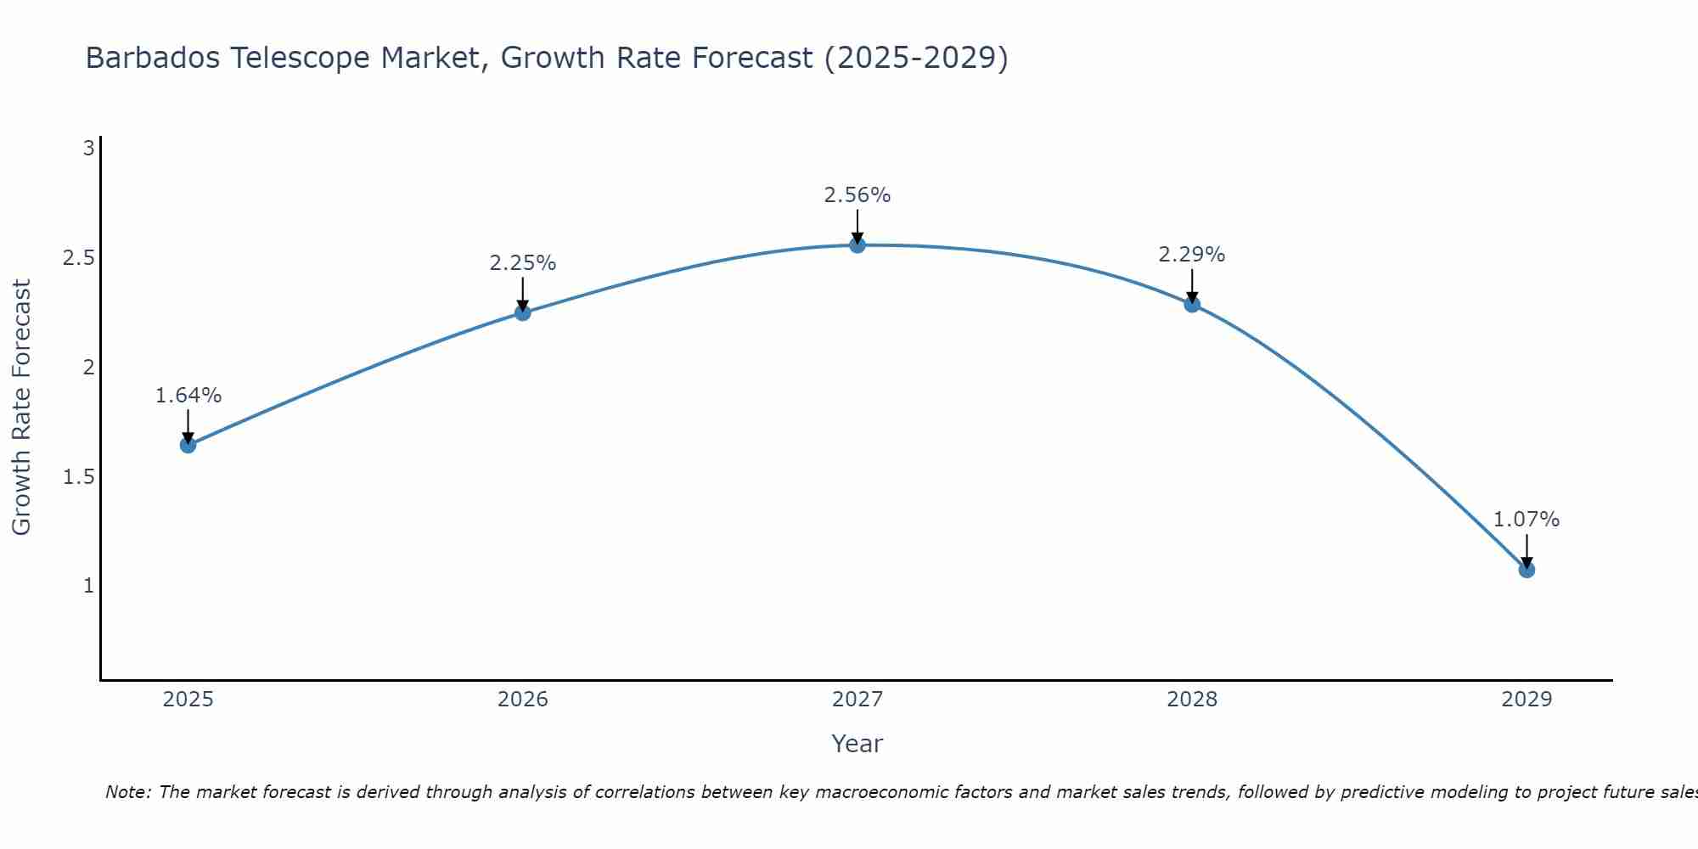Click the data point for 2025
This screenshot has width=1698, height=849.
[x=188, y=445]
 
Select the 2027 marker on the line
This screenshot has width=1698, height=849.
[x=857, y=245]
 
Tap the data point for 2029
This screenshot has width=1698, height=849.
[x=1527, y=570]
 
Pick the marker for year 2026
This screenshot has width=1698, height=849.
[x=523, y=312]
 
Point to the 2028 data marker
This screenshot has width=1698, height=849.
[x=1192, y=304]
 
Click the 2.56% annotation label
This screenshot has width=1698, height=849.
[x=857, y=195]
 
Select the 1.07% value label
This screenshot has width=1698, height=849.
[x=1527, y=520]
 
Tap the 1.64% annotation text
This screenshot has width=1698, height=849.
[x=188, y=396]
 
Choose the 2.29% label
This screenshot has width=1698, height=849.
[x=1192, y=255]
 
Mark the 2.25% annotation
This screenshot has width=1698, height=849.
[x=523, y=263]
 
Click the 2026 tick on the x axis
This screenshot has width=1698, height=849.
[x=523, y=700]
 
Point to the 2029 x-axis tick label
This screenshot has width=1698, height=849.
[x=1527, y=700]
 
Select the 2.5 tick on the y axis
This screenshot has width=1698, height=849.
[x=78, y=258]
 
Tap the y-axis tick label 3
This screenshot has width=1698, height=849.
[x=88, y=149]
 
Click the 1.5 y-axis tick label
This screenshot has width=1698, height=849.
[x=78, y=477]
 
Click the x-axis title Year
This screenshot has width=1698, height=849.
[x=857, y=744]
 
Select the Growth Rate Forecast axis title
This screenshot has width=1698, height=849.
[x=21, y=408]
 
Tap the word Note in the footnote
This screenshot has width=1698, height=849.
[x=127, y=792]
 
